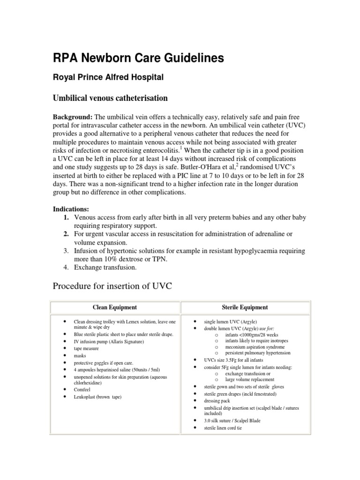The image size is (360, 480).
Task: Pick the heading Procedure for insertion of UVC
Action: point(112,286)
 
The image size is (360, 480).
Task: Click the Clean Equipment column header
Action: point(115,307)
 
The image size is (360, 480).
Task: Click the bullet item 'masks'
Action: point(81,356)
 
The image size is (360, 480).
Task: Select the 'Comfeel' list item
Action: point(82,390)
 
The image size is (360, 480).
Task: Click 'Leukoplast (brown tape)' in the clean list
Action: point(97,397)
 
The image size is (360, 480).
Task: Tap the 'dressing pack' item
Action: point(217,401)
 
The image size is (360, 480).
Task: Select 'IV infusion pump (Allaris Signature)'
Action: point(109,342)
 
